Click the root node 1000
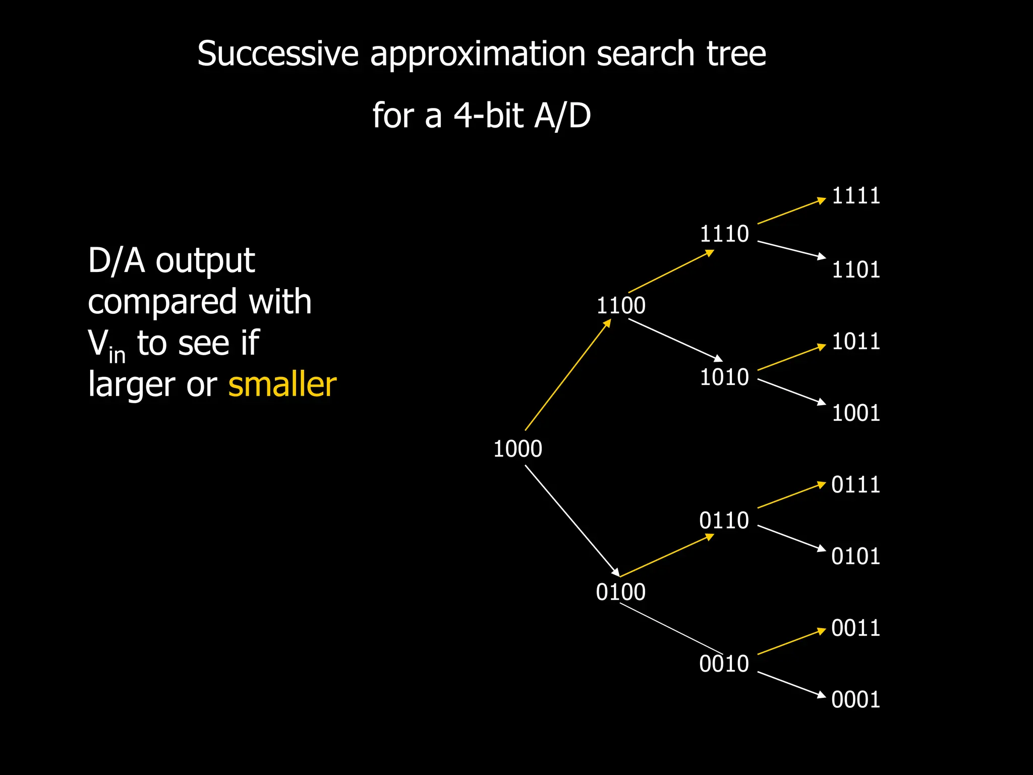[518, 449]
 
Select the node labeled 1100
[621, 305]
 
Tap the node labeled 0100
[620, 592]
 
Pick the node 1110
[724, 234]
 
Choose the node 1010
[724, 377]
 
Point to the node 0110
[724, 520]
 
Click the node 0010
[724, 663]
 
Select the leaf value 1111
[856, 196]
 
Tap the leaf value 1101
[856, 269]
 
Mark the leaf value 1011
[856, 342]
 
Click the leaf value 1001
[856, 413]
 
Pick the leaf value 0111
[856, 485]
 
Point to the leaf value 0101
[856, 557]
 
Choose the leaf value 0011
[856, 628]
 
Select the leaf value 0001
[856, 700]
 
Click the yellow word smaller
[282, 384]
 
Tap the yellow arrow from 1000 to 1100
[568, 375]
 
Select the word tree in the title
[736, 53]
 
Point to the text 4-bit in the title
[488, 115]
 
